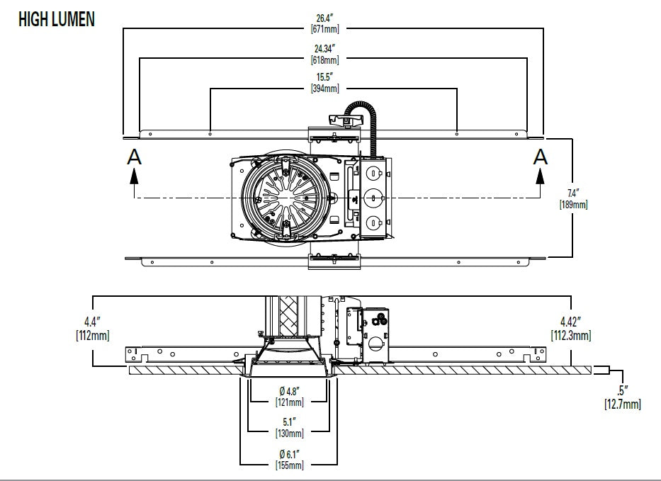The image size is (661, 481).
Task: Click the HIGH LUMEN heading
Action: point(57,19)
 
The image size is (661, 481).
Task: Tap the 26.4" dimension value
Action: point(325,18)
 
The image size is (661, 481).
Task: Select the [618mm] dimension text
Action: point(324,60)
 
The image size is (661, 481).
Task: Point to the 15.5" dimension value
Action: point(324,77)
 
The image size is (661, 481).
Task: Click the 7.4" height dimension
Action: point(573,193)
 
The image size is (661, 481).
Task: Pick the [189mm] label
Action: point(573,205)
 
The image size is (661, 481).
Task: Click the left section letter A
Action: point(134,157)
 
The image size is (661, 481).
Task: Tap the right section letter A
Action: point(541,157)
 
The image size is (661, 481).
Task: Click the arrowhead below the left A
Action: point(134,176)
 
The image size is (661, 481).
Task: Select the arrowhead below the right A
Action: point(540,176)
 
